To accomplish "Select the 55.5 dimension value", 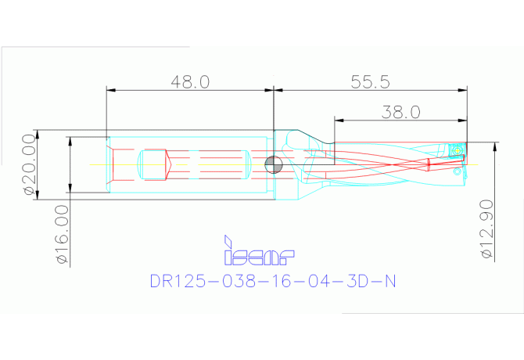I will point(370,82).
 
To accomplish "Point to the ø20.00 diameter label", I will point(29,164).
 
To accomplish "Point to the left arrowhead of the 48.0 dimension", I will point(110,91).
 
